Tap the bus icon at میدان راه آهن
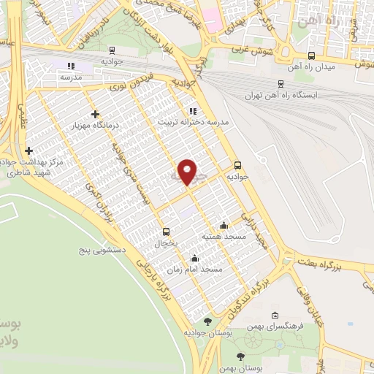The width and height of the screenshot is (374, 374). (312, 56)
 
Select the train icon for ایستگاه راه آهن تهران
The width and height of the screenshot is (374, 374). (282, 84)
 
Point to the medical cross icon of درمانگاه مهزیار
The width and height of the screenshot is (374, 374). (96, 114)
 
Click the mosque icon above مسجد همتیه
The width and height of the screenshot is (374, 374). (224, 226)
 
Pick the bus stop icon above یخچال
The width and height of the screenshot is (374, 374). (166, 232)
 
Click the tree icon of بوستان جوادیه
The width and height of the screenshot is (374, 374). (208, 321)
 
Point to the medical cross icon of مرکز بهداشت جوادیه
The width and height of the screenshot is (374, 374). (28, 150)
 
